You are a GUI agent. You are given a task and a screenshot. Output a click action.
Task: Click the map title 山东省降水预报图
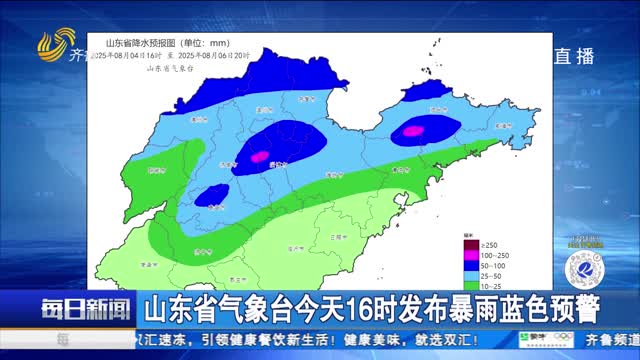pyautogui.click(x=139, y=42)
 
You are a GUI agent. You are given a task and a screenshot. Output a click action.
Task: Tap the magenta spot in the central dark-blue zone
pyautogui.click(x=263, y=155)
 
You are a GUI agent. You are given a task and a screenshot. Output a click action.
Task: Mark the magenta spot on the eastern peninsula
pyautogui.click(x=412, y=130)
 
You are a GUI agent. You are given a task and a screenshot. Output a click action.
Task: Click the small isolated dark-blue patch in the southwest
pyautogui.click(x=210, y=197)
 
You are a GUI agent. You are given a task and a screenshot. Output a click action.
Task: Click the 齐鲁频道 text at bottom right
pyautogui.click(x=614, y=340)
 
